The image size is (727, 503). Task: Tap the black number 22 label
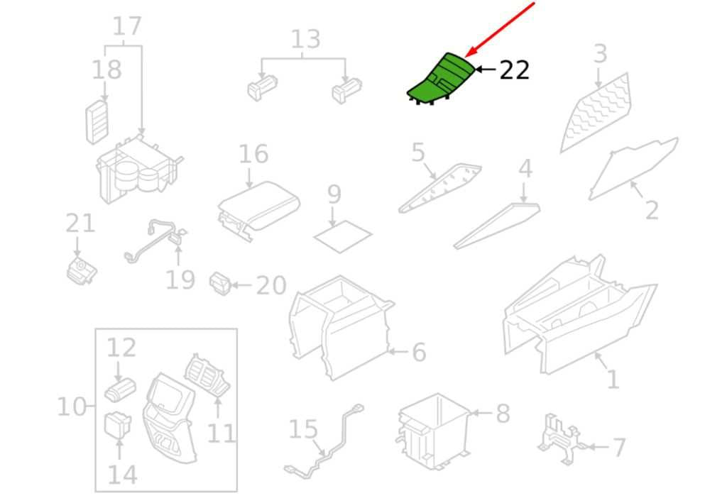514,70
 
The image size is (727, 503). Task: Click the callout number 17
126,27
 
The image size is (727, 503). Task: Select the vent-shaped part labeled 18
97,121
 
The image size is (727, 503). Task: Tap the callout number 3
600,54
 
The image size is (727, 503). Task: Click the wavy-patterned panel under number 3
596,114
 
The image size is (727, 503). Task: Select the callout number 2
652,210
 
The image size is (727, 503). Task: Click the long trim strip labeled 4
497,226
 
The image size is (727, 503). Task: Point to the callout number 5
417,153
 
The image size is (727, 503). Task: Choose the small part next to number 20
221,284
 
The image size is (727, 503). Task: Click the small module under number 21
82,270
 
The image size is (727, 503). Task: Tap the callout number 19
180,280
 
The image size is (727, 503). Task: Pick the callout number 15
303,429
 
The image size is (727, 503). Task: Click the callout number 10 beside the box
72,407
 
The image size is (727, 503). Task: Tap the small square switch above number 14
118,425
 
